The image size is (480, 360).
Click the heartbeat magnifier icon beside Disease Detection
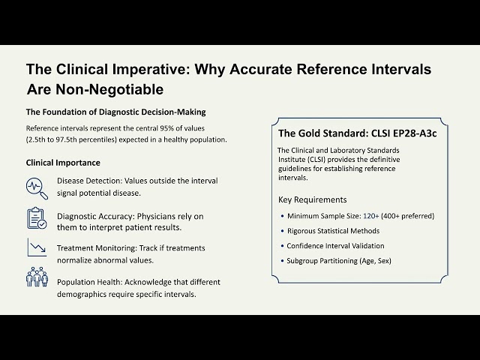pyautogui.click(x=37, y=186)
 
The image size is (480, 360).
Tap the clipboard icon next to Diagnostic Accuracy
pyautogui.click(x=37, y=218)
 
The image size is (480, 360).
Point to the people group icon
pyautogui.click(x=37, y=277)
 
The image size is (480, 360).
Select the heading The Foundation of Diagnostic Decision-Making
pyautogui.click(x=116, y=112)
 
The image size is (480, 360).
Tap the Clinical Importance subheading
pyautogui.click(x=63, y=163)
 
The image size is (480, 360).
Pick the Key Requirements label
pyautogui.click(x=313, y=200)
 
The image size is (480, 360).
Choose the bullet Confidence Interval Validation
pyautogui.click(x=335, y=246)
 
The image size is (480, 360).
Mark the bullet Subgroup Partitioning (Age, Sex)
pyautogui.click(x=339, y=260)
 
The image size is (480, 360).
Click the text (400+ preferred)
pyautogui.click(x=407, y=216)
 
